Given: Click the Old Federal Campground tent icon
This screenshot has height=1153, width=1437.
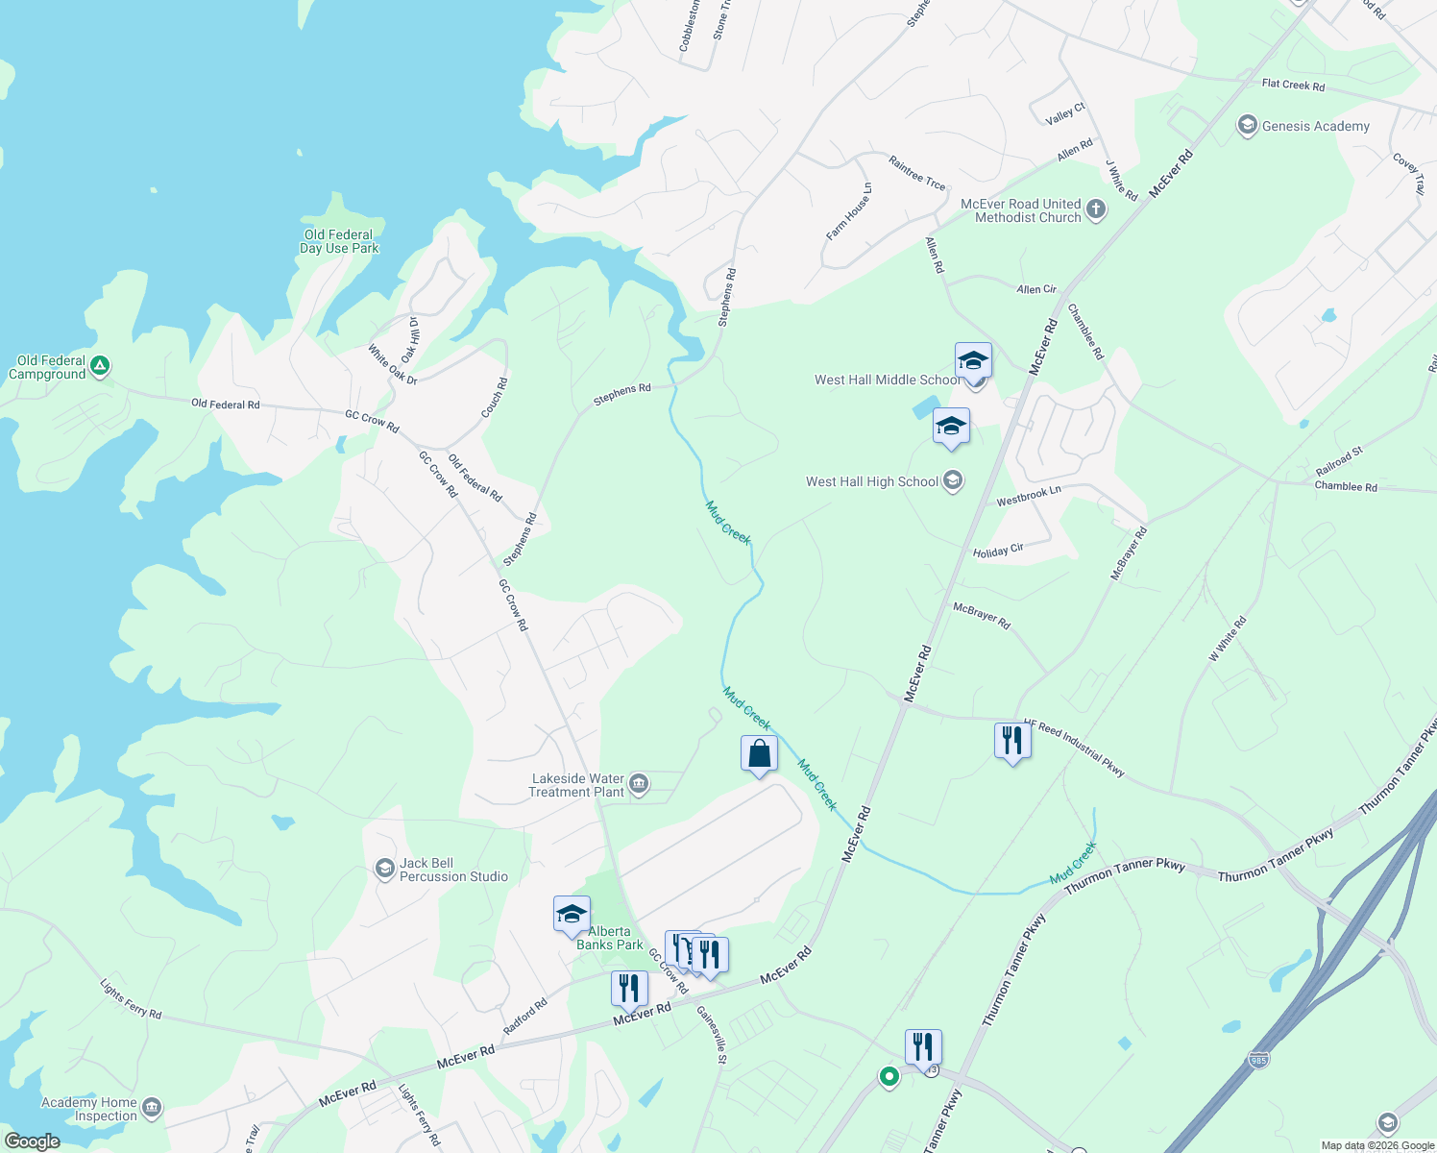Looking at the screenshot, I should (100, 366).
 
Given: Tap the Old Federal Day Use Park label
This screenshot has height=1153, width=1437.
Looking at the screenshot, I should (339, 241).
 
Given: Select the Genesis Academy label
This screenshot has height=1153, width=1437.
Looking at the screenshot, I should (1315, 126).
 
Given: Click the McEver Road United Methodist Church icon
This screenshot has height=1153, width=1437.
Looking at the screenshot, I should (1096, 210).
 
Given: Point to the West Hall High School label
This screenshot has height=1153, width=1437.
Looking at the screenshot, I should (871, 481).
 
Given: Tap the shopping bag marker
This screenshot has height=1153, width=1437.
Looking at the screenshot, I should (759, 754).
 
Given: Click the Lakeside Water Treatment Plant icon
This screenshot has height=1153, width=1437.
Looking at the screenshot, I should (640, 785).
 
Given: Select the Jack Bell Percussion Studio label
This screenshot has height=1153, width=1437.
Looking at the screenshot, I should (453, 870).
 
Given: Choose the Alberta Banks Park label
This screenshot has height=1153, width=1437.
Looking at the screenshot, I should (610, 938).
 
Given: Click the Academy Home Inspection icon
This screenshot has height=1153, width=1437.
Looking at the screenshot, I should (152, 1109).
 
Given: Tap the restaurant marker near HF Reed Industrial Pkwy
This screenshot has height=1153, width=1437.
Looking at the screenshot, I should (1012, 741).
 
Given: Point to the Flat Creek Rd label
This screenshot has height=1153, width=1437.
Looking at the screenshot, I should (1293, 86).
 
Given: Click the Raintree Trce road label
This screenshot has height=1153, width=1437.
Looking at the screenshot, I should (916, 173).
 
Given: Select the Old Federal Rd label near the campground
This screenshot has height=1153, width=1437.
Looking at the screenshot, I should (226, 405).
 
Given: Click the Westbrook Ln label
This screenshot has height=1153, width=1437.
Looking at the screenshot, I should (1029, 496).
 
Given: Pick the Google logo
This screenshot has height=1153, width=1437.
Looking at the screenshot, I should (32, 1141).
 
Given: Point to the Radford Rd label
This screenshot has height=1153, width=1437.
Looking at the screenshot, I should (525, 1016).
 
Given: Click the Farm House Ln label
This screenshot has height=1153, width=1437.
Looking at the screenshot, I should (849, 211).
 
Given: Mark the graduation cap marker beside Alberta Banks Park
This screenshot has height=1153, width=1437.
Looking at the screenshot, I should (572, 915).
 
